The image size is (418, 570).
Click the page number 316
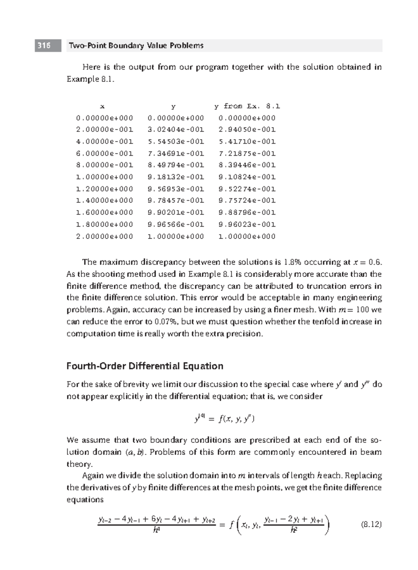coord(44,46)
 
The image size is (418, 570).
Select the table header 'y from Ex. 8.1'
coord(247,106)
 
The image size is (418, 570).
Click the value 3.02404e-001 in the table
coord(176,130)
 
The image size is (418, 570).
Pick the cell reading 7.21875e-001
coord(247,153)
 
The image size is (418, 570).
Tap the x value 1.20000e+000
coord(104,189)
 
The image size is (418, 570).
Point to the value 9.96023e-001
coord(247,224)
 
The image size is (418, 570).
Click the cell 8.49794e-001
coord(176,165)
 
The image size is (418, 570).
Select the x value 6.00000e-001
coord(104,153)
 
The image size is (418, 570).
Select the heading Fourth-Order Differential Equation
coord(145,366)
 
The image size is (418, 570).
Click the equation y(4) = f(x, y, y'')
coord(224,419)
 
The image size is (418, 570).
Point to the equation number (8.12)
coord(371,524)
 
